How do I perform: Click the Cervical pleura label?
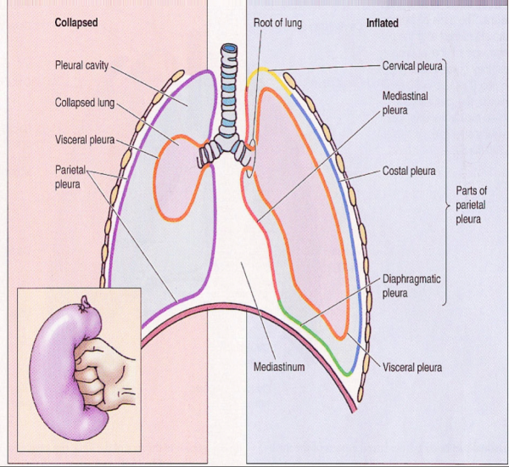[x=411, y=65]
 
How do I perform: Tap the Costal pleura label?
[x=410, y=171]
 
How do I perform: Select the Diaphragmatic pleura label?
[x=410, y=285]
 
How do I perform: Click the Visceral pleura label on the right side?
[x=412, y=368]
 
